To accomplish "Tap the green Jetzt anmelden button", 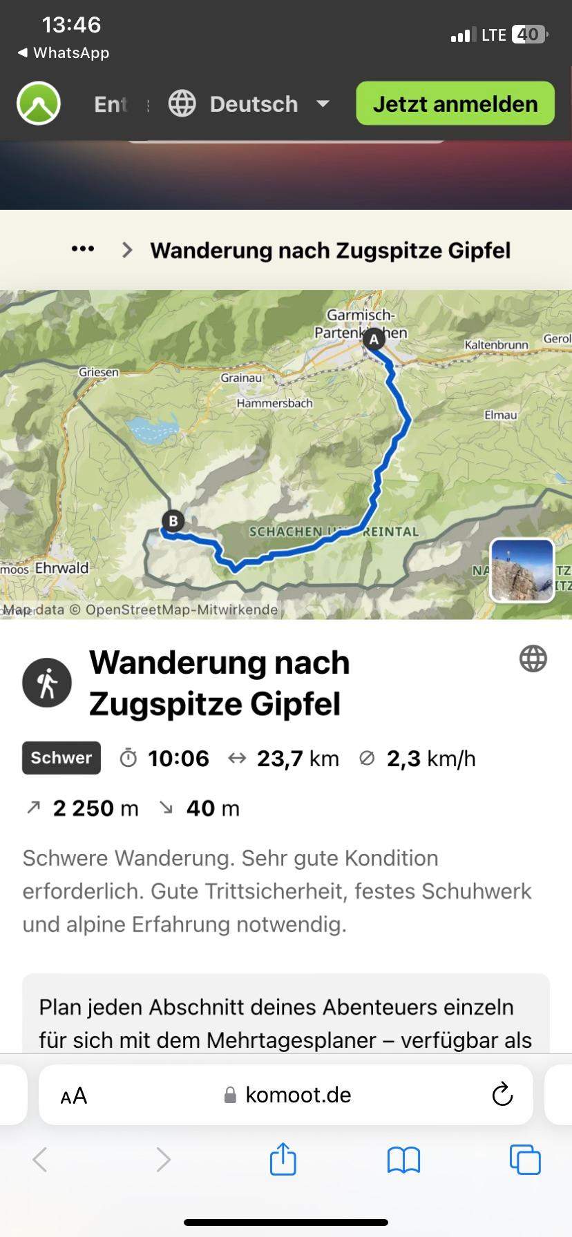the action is click(455, 104).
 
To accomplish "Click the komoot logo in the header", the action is click(39, 104).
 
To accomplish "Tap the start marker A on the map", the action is click(374, 339).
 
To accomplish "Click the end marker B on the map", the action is click(173, 520).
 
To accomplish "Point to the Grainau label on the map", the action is click(241, 378).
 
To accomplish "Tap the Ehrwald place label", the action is click(61, 568).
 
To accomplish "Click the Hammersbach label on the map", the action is click(274, 403).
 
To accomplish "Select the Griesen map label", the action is click(98, 372).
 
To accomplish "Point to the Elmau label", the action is click(500, 415).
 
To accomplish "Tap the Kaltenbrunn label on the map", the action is click(496, 344).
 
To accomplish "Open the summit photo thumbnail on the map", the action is click(522, 570).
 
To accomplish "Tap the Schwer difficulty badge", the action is click(61, 758).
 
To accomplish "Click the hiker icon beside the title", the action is click(47, 683).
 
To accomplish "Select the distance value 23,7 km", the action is click(298, 759).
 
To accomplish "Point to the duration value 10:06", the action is click(178, 759).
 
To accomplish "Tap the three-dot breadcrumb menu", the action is click(83, 249).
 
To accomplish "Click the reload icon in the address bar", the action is click(502, 1094).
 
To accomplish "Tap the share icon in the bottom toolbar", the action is click(283, 1159).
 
